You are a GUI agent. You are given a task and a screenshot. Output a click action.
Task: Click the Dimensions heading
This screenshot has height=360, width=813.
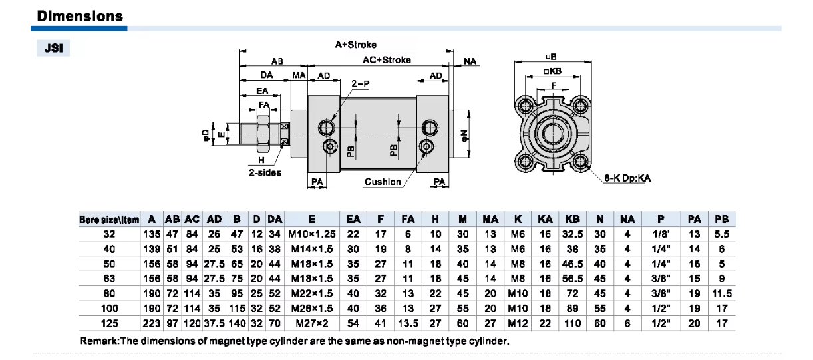80,16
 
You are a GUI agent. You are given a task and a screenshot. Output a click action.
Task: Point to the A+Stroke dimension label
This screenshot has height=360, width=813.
355,45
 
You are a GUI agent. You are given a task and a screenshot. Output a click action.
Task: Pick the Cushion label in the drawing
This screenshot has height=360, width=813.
383,182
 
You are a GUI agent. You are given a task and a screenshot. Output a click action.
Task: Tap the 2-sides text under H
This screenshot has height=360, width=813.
265,172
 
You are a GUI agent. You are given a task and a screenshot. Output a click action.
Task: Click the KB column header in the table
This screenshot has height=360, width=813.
571,219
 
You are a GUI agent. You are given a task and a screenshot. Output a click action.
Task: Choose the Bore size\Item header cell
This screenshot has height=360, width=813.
109,220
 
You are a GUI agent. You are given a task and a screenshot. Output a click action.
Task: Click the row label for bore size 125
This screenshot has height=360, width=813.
109,323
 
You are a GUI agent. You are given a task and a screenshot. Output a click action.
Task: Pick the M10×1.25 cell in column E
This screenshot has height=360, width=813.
311,234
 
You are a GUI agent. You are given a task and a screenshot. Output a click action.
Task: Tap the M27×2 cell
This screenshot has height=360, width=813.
311,323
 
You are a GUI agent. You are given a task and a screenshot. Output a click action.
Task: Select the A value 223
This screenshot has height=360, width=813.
152,323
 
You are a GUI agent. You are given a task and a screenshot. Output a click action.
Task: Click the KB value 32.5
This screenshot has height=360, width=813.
571,234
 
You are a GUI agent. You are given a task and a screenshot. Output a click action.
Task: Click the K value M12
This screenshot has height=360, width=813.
517,323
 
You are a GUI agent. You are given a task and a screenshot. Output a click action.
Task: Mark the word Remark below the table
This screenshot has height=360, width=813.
98,341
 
